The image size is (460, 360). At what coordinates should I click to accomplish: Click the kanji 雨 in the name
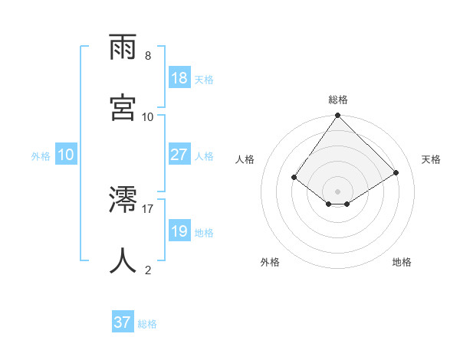pos(123,49)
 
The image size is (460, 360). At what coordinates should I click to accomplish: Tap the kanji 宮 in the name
pos(123,106)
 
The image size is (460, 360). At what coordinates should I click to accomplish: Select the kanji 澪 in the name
pos(123,201)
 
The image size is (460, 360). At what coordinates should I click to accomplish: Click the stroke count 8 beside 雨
pos(148,56)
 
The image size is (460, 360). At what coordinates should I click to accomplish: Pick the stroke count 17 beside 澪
pos(148,208)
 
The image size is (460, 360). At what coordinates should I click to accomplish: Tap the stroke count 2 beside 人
pos(148,269)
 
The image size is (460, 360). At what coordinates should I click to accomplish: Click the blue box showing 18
pos(179,78)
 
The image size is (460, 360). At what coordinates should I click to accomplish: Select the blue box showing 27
pos(179,155)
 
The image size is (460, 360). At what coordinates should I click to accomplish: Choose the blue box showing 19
pos(179,231)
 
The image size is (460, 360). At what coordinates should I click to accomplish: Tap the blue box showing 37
pos(123,322)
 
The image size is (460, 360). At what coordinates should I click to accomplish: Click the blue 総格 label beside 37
pos(147,324)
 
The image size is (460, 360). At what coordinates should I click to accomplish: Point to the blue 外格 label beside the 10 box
pos(41,156)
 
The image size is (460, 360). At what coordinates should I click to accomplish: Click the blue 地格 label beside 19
pos(204,233)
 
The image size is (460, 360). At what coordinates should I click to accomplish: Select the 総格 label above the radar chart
pos(338,100)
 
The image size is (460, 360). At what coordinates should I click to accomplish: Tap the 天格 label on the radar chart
pos(431,159)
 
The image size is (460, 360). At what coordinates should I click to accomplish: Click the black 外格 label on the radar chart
pos(270,262)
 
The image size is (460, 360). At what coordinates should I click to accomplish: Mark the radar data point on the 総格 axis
pos(338,116)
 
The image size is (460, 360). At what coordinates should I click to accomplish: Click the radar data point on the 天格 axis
pos(396,173)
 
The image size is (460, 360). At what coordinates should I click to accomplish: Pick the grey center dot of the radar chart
pos(338,191)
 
